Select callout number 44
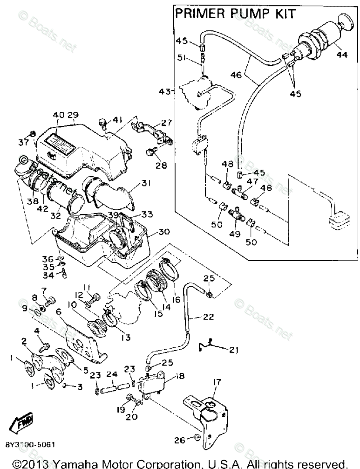(x=342, y=55)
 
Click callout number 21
(x=233, y=349)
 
